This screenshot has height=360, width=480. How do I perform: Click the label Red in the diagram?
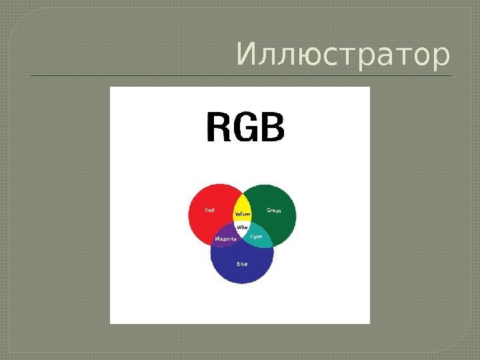(x=209, y=211)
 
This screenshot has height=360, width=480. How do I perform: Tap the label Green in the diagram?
(x=274, y=211)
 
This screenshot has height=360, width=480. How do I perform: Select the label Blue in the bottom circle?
(x=242, y=264)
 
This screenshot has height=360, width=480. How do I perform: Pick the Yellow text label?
(x=242, y=214)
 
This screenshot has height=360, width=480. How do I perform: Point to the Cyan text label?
(x=257, y=236)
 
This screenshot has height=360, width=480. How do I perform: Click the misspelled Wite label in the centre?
(x=243, y=227)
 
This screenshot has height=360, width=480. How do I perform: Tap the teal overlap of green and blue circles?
(x=261, y=241)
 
